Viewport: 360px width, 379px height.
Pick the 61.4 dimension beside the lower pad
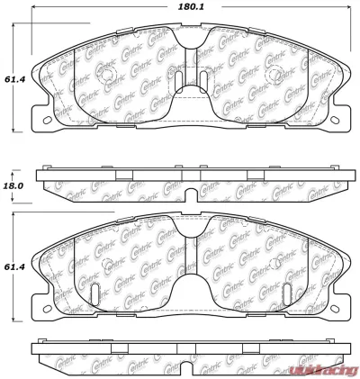pyautogui.click(x=13, y=267)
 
